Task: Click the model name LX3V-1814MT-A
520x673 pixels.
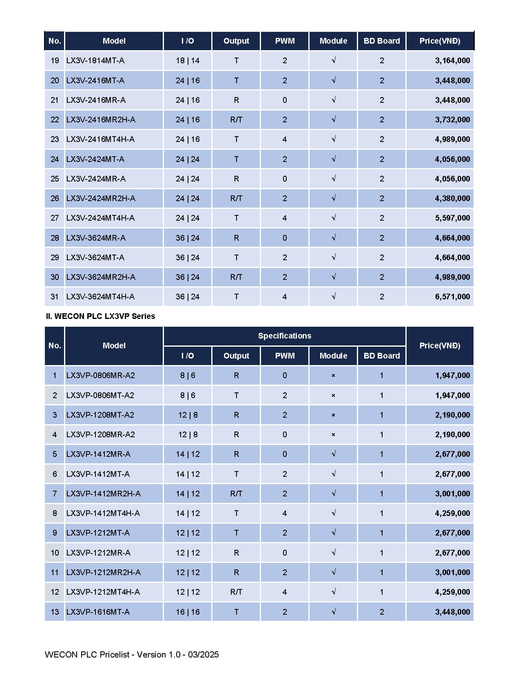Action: [x=95, y=61]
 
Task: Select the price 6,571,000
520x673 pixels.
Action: [x=452, y=297]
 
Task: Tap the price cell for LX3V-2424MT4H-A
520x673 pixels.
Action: [x=452, y=218]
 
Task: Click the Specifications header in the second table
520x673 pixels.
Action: [x=284, y=336]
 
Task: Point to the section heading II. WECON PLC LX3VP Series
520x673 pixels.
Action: [x=100, y=316]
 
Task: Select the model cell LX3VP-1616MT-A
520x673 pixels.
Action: [x=98, y=612]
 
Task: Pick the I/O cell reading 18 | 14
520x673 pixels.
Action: [x=188, y=61]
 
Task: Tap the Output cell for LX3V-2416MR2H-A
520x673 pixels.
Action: [x=236, y=120]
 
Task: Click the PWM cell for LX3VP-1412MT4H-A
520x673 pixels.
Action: [x=285, y=513]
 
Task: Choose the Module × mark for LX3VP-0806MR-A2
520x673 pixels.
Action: [x=333, y=376]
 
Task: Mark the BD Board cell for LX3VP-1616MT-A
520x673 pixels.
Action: [x=382, y=612]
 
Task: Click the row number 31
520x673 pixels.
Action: [x=55, y=297]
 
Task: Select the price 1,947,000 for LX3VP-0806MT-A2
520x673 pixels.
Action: [x=452, y=395]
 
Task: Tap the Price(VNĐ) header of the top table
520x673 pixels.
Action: [x=440, y=41]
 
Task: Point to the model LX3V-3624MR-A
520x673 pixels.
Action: [x=96, y=238]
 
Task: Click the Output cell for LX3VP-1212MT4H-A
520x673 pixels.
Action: [x=236, y=592]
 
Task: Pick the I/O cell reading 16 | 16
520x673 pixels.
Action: [x=188, y=612]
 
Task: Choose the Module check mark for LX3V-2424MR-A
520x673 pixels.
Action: [x=333, y=179]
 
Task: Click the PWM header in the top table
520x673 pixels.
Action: [x=285, y=41]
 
